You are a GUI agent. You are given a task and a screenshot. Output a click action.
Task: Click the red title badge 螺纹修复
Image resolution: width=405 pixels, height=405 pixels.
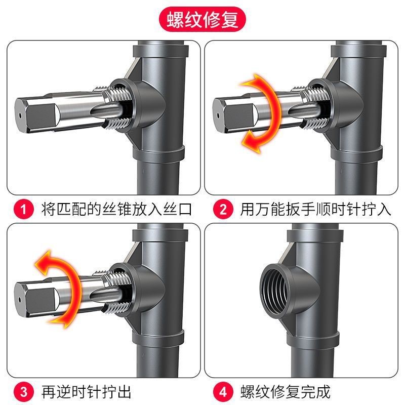coord(202,19)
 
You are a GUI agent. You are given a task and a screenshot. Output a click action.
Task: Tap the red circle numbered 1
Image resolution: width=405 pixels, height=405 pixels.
coord(24,209)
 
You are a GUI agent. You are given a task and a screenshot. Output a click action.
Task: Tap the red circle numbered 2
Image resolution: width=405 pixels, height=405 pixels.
coord(223,209)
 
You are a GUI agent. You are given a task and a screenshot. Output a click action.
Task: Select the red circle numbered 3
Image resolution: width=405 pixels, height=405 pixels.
coord(24,392)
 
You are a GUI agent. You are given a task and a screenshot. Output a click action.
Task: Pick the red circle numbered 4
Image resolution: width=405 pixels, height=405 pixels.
coord(223,392)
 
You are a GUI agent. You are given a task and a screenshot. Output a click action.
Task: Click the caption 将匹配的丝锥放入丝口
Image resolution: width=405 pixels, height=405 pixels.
coord(116,209)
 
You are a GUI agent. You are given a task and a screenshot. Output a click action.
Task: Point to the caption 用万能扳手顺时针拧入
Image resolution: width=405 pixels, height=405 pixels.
coord(315,209)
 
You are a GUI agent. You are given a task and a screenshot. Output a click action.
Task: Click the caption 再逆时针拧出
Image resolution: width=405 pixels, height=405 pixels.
coord(86,392)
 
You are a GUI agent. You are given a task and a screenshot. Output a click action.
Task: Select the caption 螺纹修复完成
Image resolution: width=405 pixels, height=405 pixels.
coord(286,392)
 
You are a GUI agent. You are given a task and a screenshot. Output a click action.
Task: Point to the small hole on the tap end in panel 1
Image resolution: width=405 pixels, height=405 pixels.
coord(20,115)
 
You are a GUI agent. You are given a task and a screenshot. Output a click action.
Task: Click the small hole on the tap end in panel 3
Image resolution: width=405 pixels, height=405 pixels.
coord(20,300)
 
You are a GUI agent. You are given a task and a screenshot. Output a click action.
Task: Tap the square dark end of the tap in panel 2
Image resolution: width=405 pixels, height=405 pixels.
coord(237,115)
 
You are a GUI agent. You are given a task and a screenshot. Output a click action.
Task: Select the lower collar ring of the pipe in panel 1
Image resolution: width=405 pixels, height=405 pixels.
coord(158,154)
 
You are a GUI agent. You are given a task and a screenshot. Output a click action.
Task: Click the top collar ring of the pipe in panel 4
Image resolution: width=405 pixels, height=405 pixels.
coord(315,234)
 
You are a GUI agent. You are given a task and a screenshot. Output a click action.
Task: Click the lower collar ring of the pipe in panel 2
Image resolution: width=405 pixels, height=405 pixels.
coord(356,154)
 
